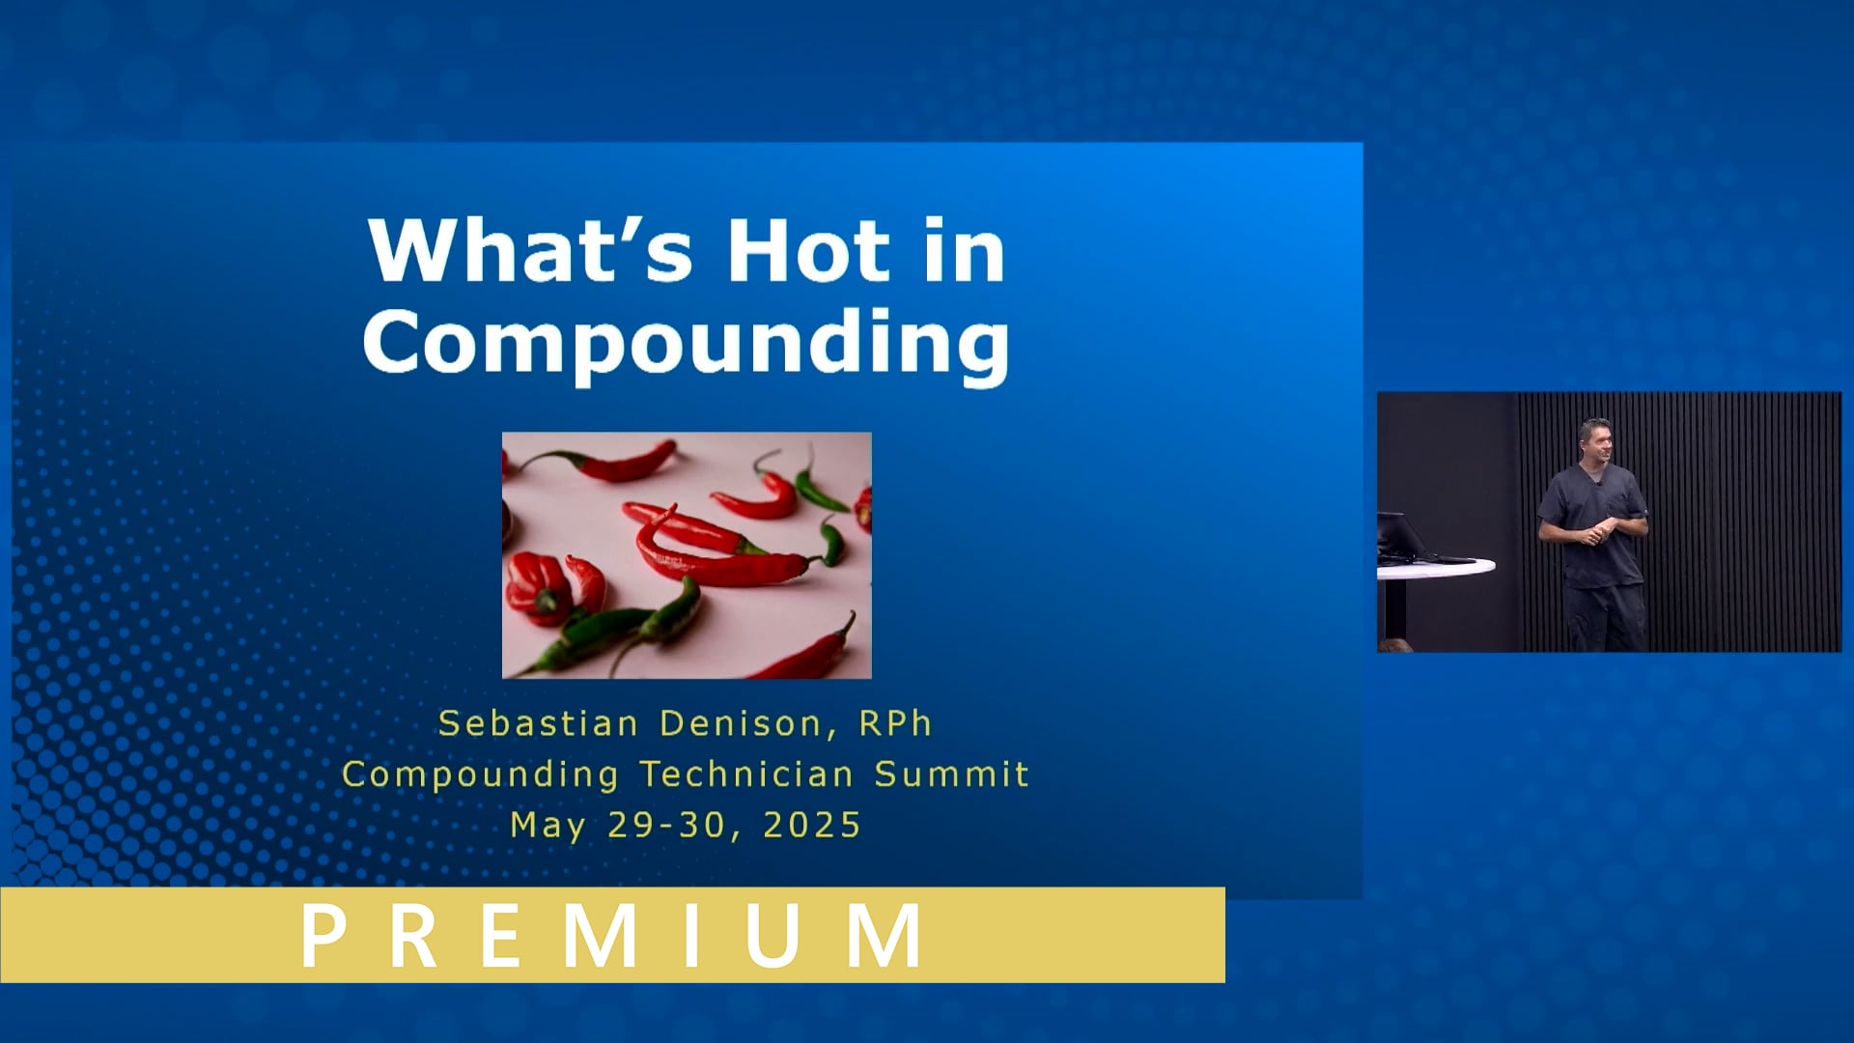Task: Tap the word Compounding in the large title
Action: point(686,343)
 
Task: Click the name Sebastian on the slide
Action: point(538,723)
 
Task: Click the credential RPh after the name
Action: point(895,723)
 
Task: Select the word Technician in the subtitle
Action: point(746,775)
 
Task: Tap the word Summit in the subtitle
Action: point(951,775)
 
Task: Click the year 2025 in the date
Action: point(811,826)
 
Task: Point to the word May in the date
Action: point(548,827)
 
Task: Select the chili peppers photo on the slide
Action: point(687,555)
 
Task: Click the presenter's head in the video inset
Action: point(1595,440)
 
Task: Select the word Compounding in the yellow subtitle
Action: point(480,775)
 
